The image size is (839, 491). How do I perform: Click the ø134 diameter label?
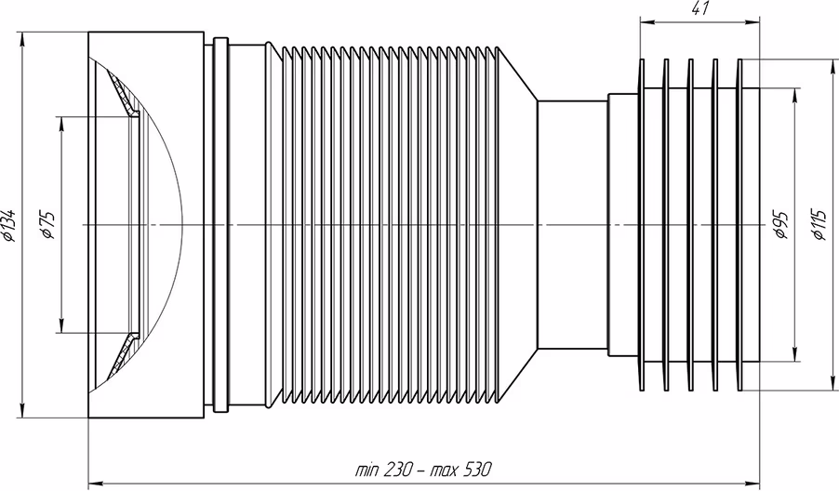tap(9, 225)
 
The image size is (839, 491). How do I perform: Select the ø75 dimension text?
tap(47, 225)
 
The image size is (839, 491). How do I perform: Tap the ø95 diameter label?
tap(780, 225)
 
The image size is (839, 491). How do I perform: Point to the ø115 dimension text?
tap(819, 225)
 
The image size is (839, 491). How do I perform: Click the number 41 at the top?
tap(699, 9)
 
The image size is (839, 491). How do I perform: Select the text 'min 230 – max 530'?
tap(422, 471)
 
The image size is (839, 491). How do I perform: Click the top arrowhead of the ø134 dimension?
tap(21, 38)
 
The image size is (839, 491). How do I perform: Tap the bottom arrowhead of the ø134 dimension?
tap(21, 411)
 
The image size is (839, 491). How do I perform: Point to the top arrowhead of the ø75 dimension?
tap(61, 123)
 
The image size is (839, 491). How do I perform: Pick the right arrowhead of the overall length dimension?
tap(752, 483)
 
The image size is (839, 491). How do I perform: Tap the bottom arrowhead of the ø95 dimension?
tap(795, 354)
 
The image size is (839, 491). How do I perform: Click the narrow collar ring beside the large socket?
tap(220, 225)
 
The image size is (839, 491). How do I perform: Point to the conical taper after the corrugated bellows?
tap(517, 225)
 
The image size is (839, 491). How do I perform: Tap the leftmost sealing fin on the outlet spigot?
tap(642, 225)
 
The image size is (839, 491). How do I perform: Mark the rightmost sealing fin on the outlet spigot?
tap(740, 225)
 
